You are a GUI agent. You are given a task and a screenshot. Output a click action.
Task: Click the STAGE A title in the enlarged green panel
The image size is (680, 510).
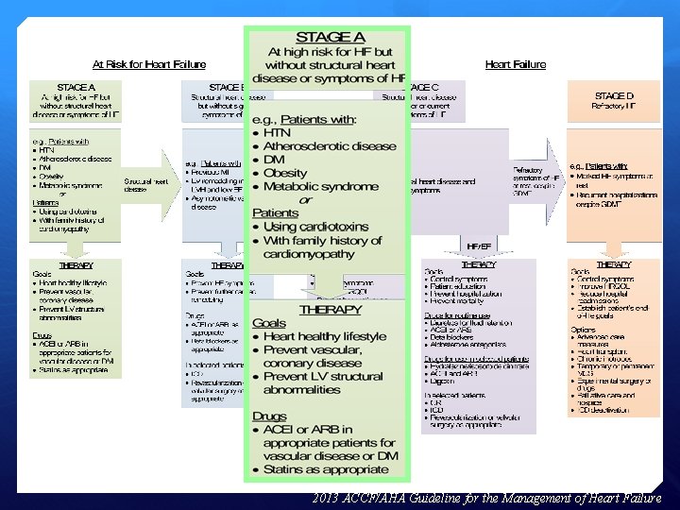[x=326, y=37]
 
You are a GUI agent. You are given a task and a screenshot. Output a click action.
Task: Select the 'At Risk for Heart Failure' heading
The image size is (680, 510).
[x=149, y=64]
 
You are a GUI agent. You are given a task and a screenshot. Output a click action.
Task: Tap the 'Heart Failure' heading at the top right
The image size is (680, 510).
[x=515, y=64]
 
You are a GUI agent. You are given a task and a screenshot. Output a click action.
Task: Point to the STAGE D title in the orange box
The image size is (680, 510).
[x=615, y=95]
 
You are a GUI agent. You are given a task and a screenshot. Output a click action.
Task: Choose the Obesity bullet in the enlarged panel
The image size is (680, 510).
[x=284, y=174]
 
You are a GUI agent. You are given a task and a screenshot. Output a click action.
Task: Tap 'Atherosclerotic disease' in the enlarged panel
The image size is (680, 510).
[x=330, y=146]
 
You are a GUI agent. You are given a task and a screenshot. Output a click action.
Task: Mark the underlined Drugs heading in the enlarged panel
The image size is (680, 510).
[x=270, y=416]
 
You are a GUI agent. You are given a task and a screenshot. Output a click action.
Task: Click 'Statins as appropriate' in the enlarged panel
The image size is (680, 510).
[x=326, y=469]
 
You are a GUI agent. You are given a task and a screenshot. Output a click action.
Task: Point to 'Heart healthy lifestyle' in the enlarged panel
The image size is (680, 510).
[x=325, y=336]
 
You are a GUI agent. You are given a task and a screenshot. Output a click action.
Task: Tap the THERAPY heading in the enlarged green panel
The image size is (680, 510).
[x=330, y=309]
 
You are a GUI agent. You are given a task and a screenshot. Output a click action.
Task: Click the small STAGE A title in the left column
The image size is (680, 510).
[x=76, y=86]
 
